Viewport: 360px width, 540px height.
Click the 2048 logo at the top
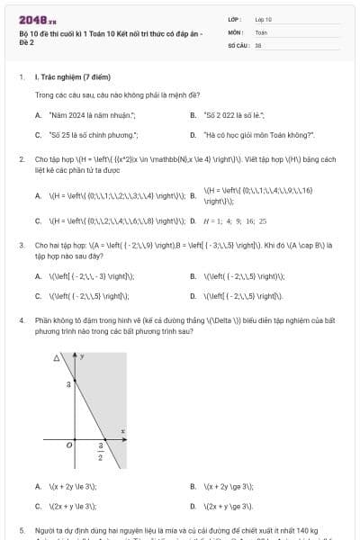click(37, 19)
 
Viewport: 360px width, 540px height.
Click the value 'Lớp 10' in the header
click(264, 18)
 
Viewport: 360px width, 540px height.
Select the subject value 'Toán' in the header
click(261, 31)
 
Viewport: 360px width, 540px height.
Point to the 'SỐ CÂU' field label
click(237, 43)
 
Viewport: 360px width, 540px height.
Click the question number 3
click(21, 244)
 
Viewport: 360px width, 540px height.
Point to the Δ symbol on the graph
click(56, 357)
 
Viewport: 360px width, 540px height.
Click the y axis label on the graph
click(82, 357)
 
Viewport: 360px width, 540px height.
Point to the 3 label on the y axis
click(69, 384)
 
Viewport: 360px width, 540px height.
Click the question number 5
click(21, 531)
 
